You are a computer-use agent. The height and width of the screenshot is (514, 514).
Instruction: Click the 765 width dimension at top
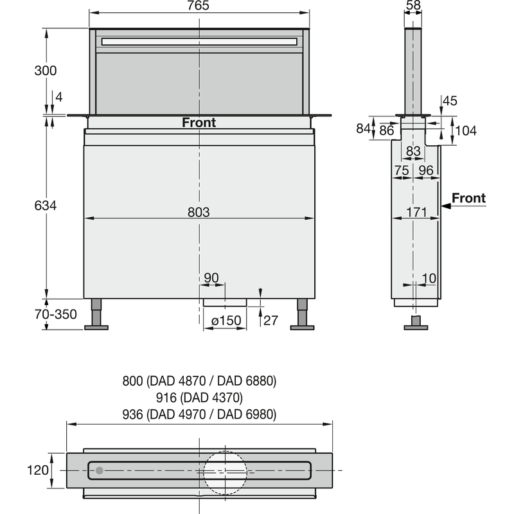tap(199, 6)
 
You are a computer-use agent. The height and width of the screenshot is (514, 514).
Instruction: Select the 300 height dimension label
tap(45, 70)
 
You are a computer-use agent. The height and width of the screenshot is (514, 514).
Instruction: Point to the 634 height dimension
tap(45, 206)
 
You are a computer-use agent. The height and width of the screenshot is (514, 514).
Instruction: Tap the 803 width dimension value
tap(199, 211)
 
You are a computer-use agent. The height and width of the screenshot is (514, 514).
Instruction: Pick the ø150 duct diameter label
tap(224, 320)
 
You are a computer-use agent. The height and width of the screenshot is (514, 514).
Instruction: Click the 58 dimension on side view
tap(414, 5)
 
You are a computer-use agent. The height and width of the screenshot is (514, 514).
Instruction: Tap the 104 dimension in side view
tap(465, 131)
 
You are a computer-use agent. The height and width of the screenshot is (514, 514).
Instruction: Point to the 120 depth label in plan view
tap(39, 470)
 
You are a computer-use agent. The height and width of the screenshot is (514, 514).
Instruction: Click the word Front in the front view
tap(199, 123)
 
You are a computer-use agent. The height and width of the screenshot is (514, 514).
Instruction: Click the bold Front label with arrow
tap(468, 199)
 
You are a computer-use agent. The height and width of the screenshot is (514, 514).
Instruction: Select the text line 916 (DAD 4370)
tap(199, 398)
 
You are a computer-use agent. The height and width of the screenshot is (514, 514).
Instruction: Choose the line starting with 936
tap(199, 414)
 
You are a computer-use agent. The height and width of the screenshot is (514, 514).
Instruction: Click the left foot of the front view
tap(96, 326)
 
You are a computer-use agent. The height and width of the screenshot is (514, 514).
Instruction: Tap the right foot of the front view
tap(302, 326)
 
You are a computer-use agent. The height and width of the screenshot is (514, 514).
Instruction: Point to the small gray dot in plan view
tap(99, 470)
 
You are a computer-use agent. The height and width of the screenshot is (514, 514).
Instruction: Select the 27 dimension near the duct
tap(270, 320)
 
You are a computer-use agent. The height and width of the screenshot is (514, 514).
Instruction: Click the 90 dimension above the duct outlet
tap(211, 278)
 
